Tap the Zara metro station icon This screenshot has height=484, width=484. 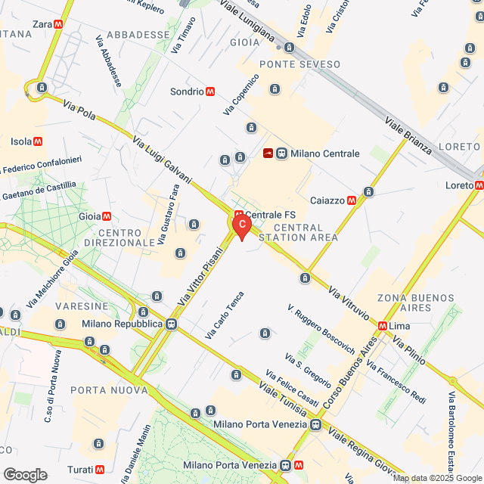[x=59, y=24]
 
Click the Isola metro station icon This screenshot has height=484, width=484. [x=37, y=141]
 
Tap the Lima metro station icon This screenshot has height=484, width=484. [x=382, y=326]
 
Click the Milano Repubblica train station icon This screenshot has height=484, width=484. [x=172, y=324]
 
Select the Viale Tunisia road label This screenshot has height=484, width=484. [x=283, y=397]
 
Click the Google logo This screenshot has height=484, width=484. [x=24, y=474]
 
